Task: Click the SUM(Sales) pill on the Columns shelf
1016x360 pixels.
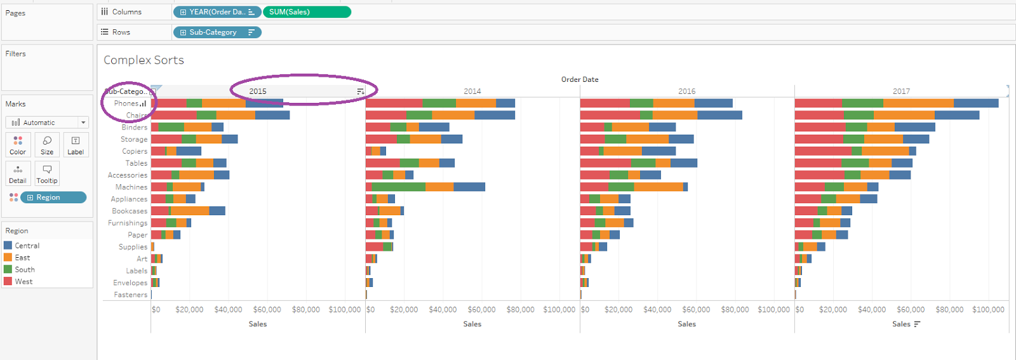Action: (x=306, y=12)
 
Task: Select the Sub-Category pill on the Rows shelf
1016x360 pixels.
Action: (x=217, y=32)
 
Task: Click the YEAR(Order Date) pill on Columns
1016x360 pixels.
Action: (x=217, y=12)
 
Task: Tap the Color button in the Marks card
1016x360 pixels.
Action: (x=18, y=145)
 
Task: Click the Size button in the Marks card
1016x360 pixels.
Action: (x=47, y=145)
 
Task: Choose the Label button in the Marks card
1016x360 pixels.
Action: (x=76, y=145)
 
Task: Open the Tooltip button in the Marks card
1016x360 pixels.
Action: (x=47, y=173)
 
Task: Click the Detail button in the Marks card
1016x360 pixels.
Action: (x=18, y=173)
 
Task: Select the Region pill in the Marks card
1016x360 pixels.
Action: (x=53, y=197)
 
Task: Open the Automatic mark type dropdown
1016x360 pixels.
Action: (x=46, y=123)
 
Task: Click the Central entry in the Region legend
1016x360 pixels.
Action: (x=27, y=246)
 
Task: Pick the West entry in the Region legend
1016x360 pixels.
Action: (x=23, y=282)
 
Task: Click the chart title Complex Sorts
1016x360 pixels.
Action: (x=144, y=60)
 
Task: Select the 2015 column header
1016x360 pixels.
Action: (x=258, y=91)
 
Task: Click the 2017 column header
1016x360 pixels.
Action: (x=901, y=91)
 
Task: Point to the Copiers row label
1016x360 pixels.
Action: (x=135, y=152)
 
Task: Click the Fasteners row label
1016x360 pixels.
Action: (x=130, y=295)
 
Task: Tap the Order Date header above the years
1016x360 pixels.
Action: (x=579, y=79)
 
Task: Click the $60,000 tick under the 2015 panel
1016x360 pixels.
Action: (x=267, y=310)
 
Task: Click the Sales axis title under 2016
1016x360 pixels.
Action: (x=686, y=324)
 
